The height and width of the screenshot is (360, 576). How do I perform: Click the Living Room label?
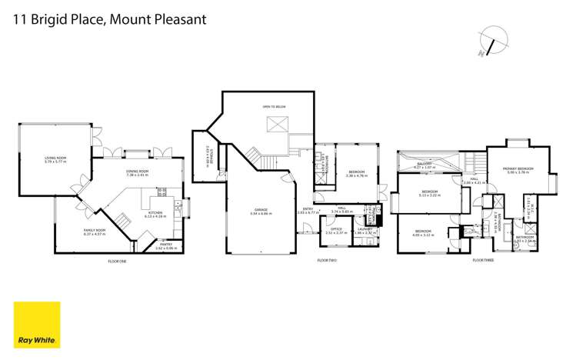[x=55, y=158]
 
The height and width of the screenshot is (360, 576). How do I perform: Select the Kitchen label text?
[x=155, y=214]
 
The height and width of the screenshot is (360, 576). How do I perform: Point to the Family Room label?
[x=95, y=230]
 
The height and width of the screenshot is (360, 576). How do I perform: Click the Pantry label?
[x=165, y=245]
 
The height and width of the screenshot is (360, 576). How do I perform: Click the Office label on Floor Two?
[x=336, y=228]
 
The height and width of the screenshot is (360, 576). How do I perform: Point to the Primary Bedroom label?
[x=518, y=168]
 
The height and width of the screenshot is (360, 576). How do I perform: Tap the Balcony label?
[x=425, y=165]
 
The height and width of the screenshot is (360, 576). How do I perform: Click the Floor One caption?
[x=117, y=262]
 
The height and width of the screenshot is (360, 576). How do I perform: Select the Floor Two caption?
[x=327, y=260]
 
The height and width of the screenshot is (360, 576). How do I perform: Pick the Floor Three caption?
[x=482, y=260]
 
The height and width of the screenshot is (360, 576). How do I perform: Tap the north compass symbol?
[x=491, y=41]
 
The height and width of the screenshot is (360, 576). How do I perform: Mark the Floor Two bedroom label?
[x=356, y=172]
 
